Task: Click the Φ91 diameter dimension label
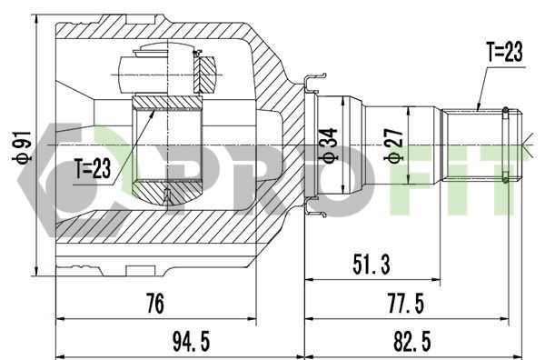point(22,147)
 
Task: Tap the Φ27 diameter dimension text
point(394,145)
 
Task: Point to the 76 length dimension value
point(155,304)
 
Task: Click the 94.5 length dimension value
point(191,341)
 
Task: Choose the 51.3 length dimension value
point(372,265)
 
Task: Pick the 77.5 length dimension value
point(406,304)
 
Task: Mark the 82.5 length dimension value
point(411,341)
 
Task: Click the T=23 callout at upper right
point(504,52)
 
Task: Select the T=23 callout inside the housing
point(93,168)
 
